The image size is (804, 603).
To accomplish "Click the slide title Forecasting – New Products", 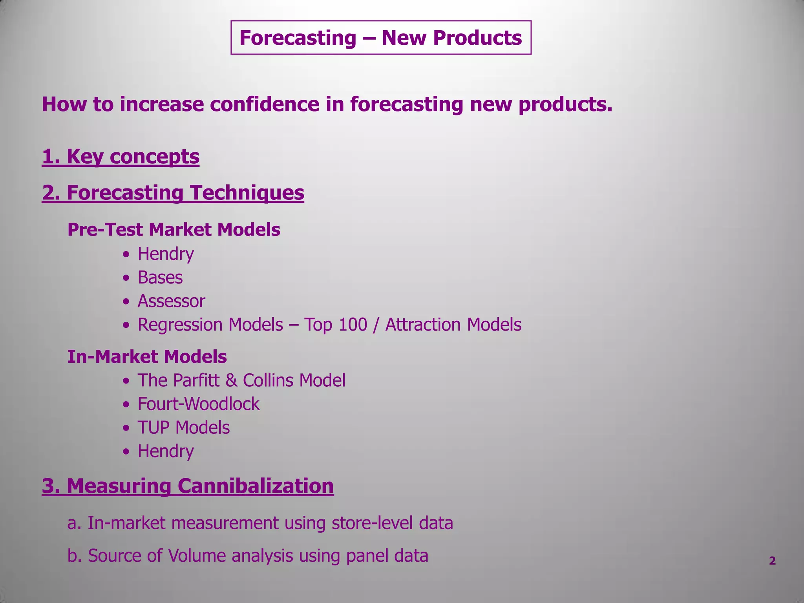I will pos(380,38).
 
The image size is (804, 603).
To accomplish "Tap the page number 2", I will pos(772,561).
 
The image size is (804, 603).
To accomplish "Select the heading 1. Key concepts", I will pos(121,156).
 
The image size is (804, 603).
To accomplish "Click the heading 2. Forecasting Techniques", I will pos(173,193).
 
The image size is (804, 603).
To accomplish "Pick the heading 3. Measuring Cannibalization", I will pos(188,486).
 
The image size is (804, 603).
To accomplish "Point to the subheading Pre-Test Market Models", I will pos(174,230).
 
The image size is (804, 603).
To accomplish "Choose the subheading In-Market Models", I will pos(147,357).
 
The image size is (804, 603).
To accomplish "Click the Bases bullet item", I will pos(160,278).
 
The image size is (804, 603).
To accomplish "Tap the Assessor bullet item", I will pos(171,301).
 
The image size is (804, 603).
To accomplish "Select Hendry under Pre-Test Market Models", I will pos(165,254).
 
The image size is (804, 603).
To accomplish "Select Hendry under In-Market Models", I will pos(165,451).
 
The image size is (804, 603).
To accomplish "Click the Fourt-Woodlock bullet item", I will pos(198,404).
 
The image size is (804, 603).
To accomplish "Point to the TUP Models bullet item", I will pos(183,428).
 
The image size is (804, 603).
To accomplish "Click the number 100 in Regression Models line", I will pos(352,325).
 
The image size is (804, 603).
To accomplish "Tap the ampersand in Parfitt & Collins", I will pos(232,380).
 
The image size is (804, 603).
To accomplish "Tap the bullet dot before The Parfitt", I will pos(126,381).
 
